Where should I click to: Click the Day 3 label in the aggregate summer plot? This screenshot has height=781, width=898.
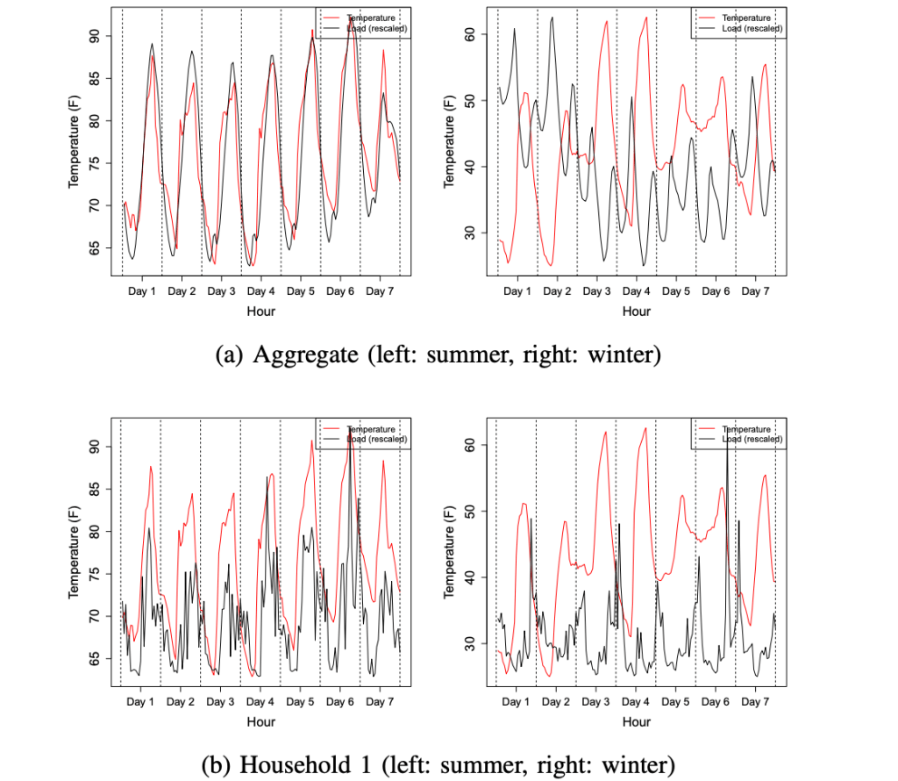click(x=220, y=290)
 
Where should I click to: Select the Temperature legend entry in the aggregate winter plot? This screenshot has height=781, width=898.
click(x=741, y=18)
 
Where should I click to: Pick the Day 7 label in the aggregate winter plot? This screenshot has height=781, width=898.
click(x=754, y=290)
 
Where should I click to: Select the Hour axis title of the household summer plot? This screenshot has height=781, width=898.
click(x=260, y=722)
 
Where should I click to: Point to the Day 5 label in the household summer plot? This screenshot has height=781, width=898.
click(x=300, y=702)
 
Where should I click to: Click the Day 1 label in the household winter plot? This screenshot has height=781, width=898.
click(x=516, y=702)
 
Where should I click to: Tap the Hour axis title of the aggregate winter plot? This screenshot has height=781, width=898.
click(x=636, y=311)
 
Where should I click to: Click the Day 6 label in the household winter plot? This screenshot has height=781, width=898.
click(x=715, y=702)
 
